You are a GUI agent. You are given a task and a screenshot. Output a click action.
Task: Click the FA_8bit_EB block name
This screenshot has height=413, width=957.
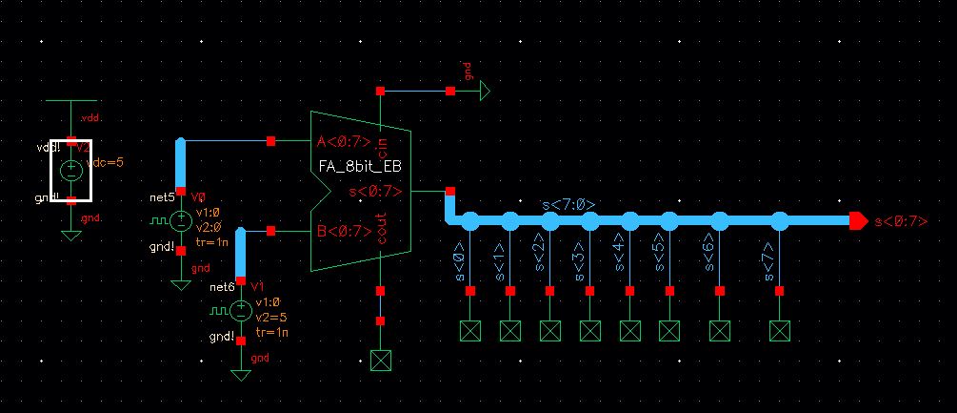point(362,169)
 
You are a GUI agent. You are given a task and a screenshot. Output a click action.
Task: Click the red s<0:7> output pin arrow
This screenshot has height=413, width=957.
point(857,221)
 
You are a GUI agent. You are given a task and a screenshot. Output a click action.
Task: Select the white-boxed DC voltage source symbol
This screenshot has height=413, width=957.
point(71,171)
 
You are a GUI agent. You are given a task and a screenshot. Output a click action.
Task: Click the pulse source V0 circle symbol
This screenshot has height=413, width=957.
point(180,221)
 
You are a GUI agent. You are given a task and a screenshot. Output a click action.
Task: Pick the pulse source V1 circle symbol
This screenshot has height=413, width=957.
point(241,311)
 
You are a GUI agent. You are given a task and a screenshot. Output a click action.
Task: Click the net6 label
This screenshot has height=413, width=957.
point(221,287)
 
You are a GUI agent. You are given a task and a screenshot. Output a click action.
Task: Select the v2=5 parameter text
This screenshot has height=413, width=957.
point(271,317)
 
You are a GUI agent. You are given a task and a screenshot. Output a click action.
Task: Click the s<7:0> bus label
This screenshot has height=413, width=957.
point(569,205)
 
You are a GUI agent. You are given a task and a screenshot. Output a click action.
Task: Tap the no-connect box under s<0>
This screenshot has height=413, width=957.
point(469,331)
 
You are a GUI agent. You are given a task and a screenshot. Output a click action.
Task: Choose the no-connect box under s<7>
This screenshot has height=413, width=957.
point(780,331)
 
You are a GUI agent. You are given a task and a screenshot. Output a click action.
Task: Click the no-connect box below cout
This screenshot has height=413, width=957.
point(381,360)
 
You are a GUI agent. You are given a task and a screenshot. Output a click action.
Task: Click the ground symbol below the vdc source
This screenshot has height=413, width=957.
point(71,233)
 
